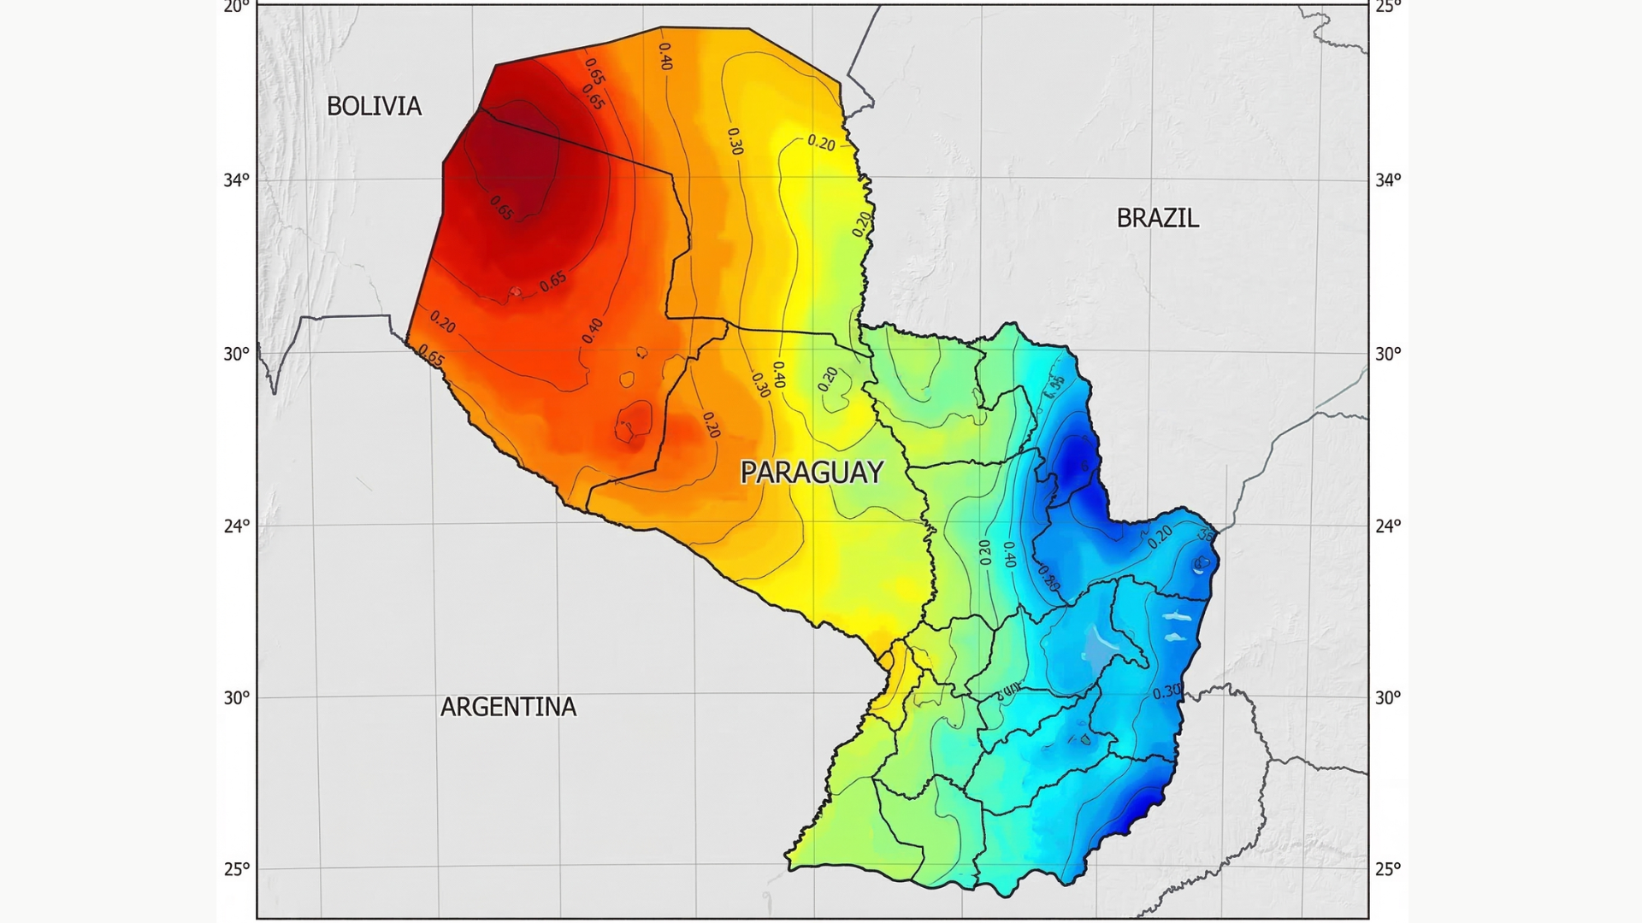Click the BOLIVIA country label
pos(374,106)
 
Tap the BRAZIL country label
pos(1157,218)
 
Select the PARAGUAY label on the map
pos(811,472)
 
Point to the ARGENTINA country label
pos(508,707)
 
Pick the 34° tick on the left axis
pos(237,179)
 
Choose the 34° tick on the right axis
pos(1388,179)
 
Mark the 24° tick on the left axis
pos(237,526)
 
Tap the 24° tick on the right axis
pos(1388,526)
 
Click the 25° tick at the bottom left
pos(237,869)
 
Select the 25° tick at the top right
pos(1388,7)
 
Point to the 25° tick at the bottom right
pos(1388,869)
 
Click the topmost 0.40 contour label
pos(664,56)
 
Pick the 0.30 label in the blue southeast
pos(1167,691)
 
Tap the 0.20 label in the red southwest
pos(442,321)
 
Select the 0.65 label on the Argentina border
pos(431,356)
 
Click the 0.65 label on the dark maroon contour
pos(501,208)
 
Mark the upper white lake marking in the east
pos(1178,616)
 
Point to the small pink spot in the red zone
pos(515,292)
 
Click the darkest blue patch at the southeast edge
pos(1142,808)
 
